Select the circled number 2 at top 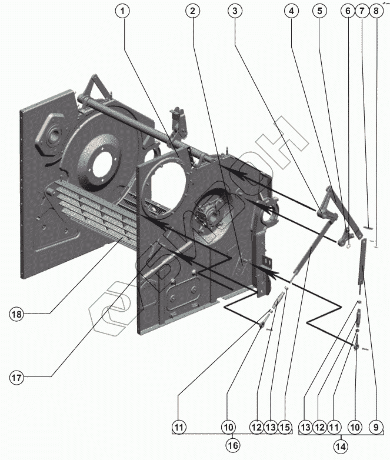[x=192, y=11]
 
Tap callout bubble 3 [x=235, y=11]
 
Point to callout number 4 [x=290, y=11]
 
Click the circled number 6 [x=348, y=11]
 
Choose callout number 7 [x=362, y=11]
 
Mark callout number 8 [x=376, y=11]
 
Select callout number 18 [x=16, y=314]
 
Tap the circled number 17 [x=16, y=378]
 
